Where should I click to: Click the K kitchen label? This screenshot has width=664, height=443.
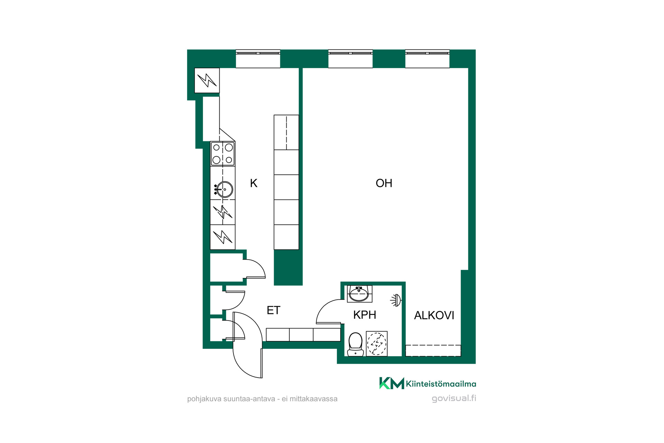[x=253, y=183]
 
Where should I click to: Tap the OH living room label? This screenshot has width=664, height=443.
[x=384, y=183]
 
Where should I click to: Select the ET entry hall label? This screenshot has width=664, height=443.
[x=273, y=310]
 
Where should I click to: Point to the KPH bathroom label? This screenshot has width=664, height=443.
[x=365, y=315]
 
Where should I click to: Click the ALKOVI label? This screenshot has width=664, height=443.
[x=434, y=315]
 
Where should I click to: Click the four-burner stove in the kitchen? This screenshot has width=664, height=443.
[x=223, y=154]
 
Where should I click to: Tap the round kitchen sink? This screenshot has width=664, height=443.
[x=224, y=189]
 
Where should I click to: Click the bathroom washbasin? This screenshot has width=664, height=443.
[x=359, y=294]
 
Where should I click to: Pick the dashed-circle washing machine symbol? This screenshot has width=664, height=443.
[x=377, y=344]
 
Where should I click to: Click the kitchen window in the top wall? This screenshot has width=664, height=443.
[x=258, y=58]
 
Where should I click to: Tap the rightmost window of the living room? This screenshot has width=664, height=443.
[x=427, y=58]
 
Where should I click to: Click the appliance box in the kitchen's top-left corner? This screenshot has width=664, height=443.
[x=207, y=80]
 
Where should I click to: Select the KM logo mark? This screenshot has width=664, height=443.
[x=391, y=383]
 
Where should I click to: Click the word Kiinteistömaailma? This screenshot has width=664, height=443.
[x=441, y=384]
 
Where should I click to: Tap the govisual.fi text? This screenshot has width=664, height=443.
[x=454, y=398]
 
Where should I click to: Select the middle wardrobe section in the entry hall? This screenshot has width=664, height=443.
[x=301, y=335]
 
